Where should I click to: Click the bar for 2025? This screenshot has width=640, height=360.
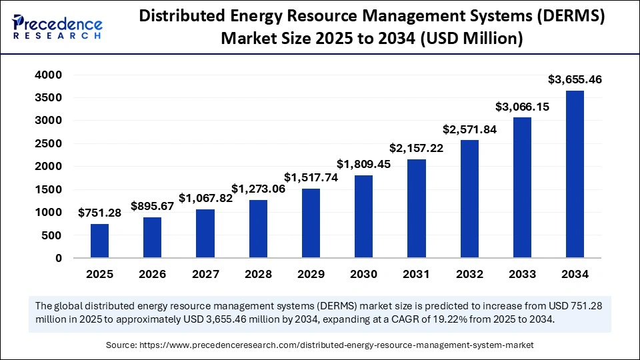click(x=99, y=241)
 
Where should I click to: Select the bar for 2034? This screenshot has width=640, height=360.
click(x=575, y=174)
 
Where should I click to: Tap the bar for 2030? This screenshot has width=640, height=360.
click(x=363, y=216)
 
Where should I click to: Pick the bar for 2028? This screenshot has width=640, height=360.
click(x=258, y=229)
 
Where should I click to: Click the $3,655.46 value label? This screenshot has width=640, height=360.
click(x=575, y=79)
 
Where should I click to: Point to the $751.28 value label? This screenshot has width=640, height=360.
click(x=99, y=213)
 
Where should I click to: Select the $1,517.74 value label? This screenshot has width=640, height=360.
click(x=311, y=177)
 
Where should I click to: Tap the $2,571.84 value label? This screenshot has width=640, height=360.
click(x=469, y=129)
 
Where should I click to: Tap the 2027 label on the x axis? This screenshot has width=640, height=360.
click(x=205, y=274)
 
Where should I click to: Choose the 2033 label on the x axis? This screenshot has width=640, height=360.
click(x=522, y=274)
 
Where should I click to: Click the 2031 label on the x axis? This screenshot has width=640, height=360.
click(x=416, y=274)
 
